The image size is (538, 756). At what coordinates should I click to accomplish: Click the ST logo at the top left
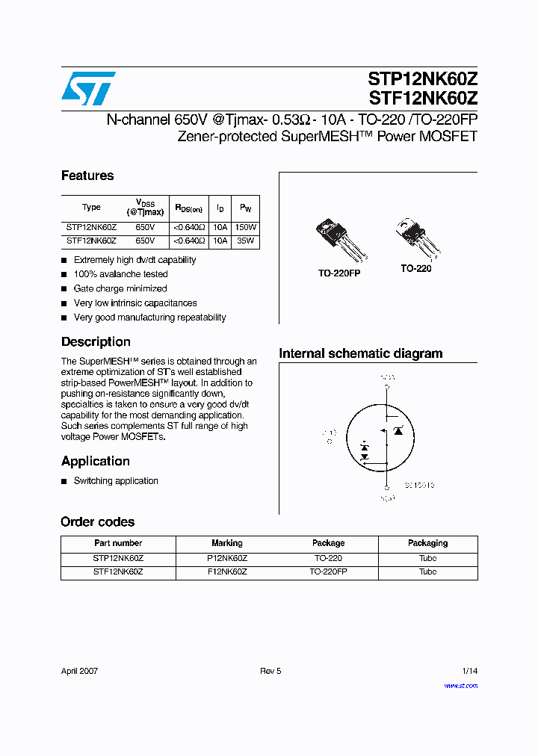tap(88, 88)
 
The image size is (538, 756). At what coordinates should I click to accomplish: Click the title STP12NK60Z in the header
tap(422, 79)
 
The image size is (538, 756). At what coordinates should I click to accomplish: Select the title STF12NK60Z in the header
tap(422, 98)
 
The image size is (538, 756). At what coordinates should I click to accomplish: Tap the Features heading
tap(87, 176)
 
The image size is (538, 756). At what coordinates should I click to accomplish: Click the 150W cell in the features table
tap(245, 227)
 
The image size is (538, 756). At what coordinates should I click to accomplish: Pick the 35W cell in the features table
tap(245, 241)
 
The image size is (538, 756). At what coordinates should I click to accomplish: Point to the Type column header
tap(91, 208)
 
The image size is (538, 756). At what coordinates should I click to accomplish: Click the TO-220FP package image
tap(338, 240)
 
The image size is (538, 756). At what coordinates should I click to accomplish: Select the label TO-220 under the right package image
tap(415, 268)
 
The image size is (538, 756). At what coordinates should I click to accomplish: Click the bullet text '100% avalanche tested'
tap(120, 274)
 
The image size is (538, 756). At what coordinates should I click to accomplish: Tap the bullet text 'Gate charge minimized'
tap(120, 288)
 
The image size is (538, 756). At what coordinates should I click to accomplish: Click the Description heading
tap(96, 341)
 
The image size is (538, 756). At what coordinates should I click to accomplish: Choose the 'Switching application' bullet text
tap(116, 481)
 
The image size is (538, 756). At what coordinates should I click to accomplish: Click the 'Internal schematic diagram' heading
tap(360, 353)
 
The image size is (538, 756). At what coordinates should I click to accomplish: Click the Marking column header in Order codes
tap(227, 543)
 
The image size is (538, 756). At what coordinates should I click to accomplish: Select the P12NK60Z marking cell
tap(227, 558)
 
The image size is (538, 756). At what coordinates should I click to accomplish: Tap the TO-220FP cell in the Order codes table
tap(328, 571)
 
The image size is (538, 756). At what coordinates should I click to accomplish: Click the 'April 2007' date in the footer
tap(79, 671)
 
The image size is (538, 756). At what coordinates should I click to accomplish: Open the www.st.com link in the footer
tap(460, 686)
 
